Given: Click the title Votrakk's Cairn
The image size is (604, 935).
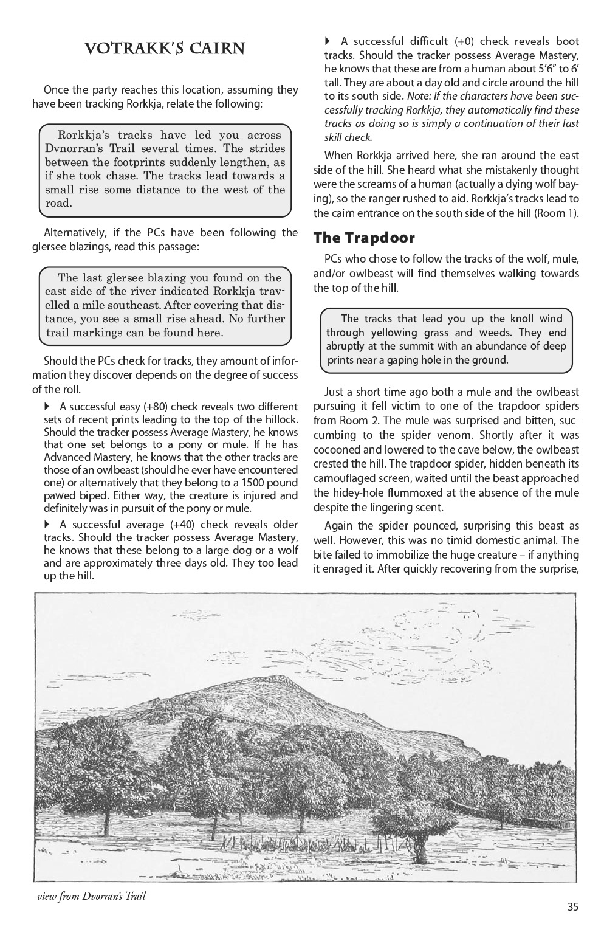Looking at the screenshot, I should (165, 49).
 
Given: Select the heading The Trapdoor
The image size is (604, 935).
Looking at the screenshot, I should (364, 238).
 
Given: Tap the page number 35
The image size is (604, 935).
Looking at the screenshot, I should (572, 907).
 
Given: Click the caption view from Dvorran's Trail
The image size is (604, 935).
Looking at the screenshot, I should (91, 896).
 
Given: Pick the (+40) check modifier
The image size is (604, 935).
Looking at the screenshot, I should (186, 525).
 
